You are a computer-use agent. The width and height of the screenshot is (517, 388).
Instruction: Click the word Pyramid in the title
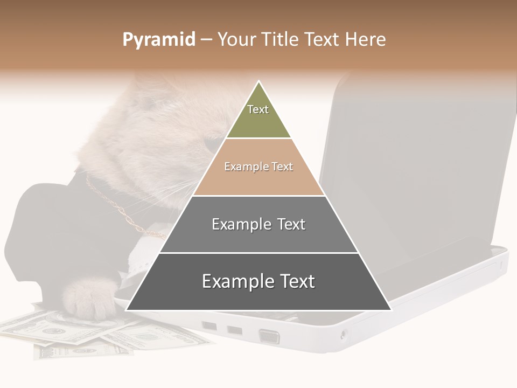pos(158,40)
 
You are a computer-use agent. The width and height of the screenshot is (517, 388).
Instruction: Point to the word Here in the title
pos(366,40)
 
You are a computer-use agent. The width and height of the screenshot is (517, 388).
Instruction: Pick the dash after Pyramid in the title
pos(206,40)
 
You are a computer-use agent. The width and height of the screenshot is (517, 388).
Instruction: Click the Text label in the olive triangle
pos(258,109)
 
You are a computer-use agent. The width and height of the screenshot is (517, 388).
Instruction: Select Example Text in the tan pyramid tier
pos(258,167)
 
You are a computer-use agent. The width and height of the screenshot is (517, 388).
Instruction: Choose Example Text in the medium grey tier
pos(258,224)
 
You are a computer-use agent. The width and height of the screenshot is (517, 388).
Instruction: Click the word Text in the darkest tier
pos(295,281)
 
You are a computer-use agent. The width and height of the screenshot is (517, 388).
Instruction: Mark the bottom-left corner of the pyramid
pos(127,310)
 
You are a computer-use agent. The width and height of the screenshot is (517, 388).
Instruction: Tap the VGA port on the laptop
pos(269,336)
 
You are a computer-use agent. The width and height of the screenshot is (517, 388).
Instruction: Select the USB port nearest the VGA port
pos(234,329)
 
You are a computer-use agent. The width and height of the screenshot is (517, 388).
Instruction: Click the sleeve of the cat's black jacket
pos(43,226)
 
